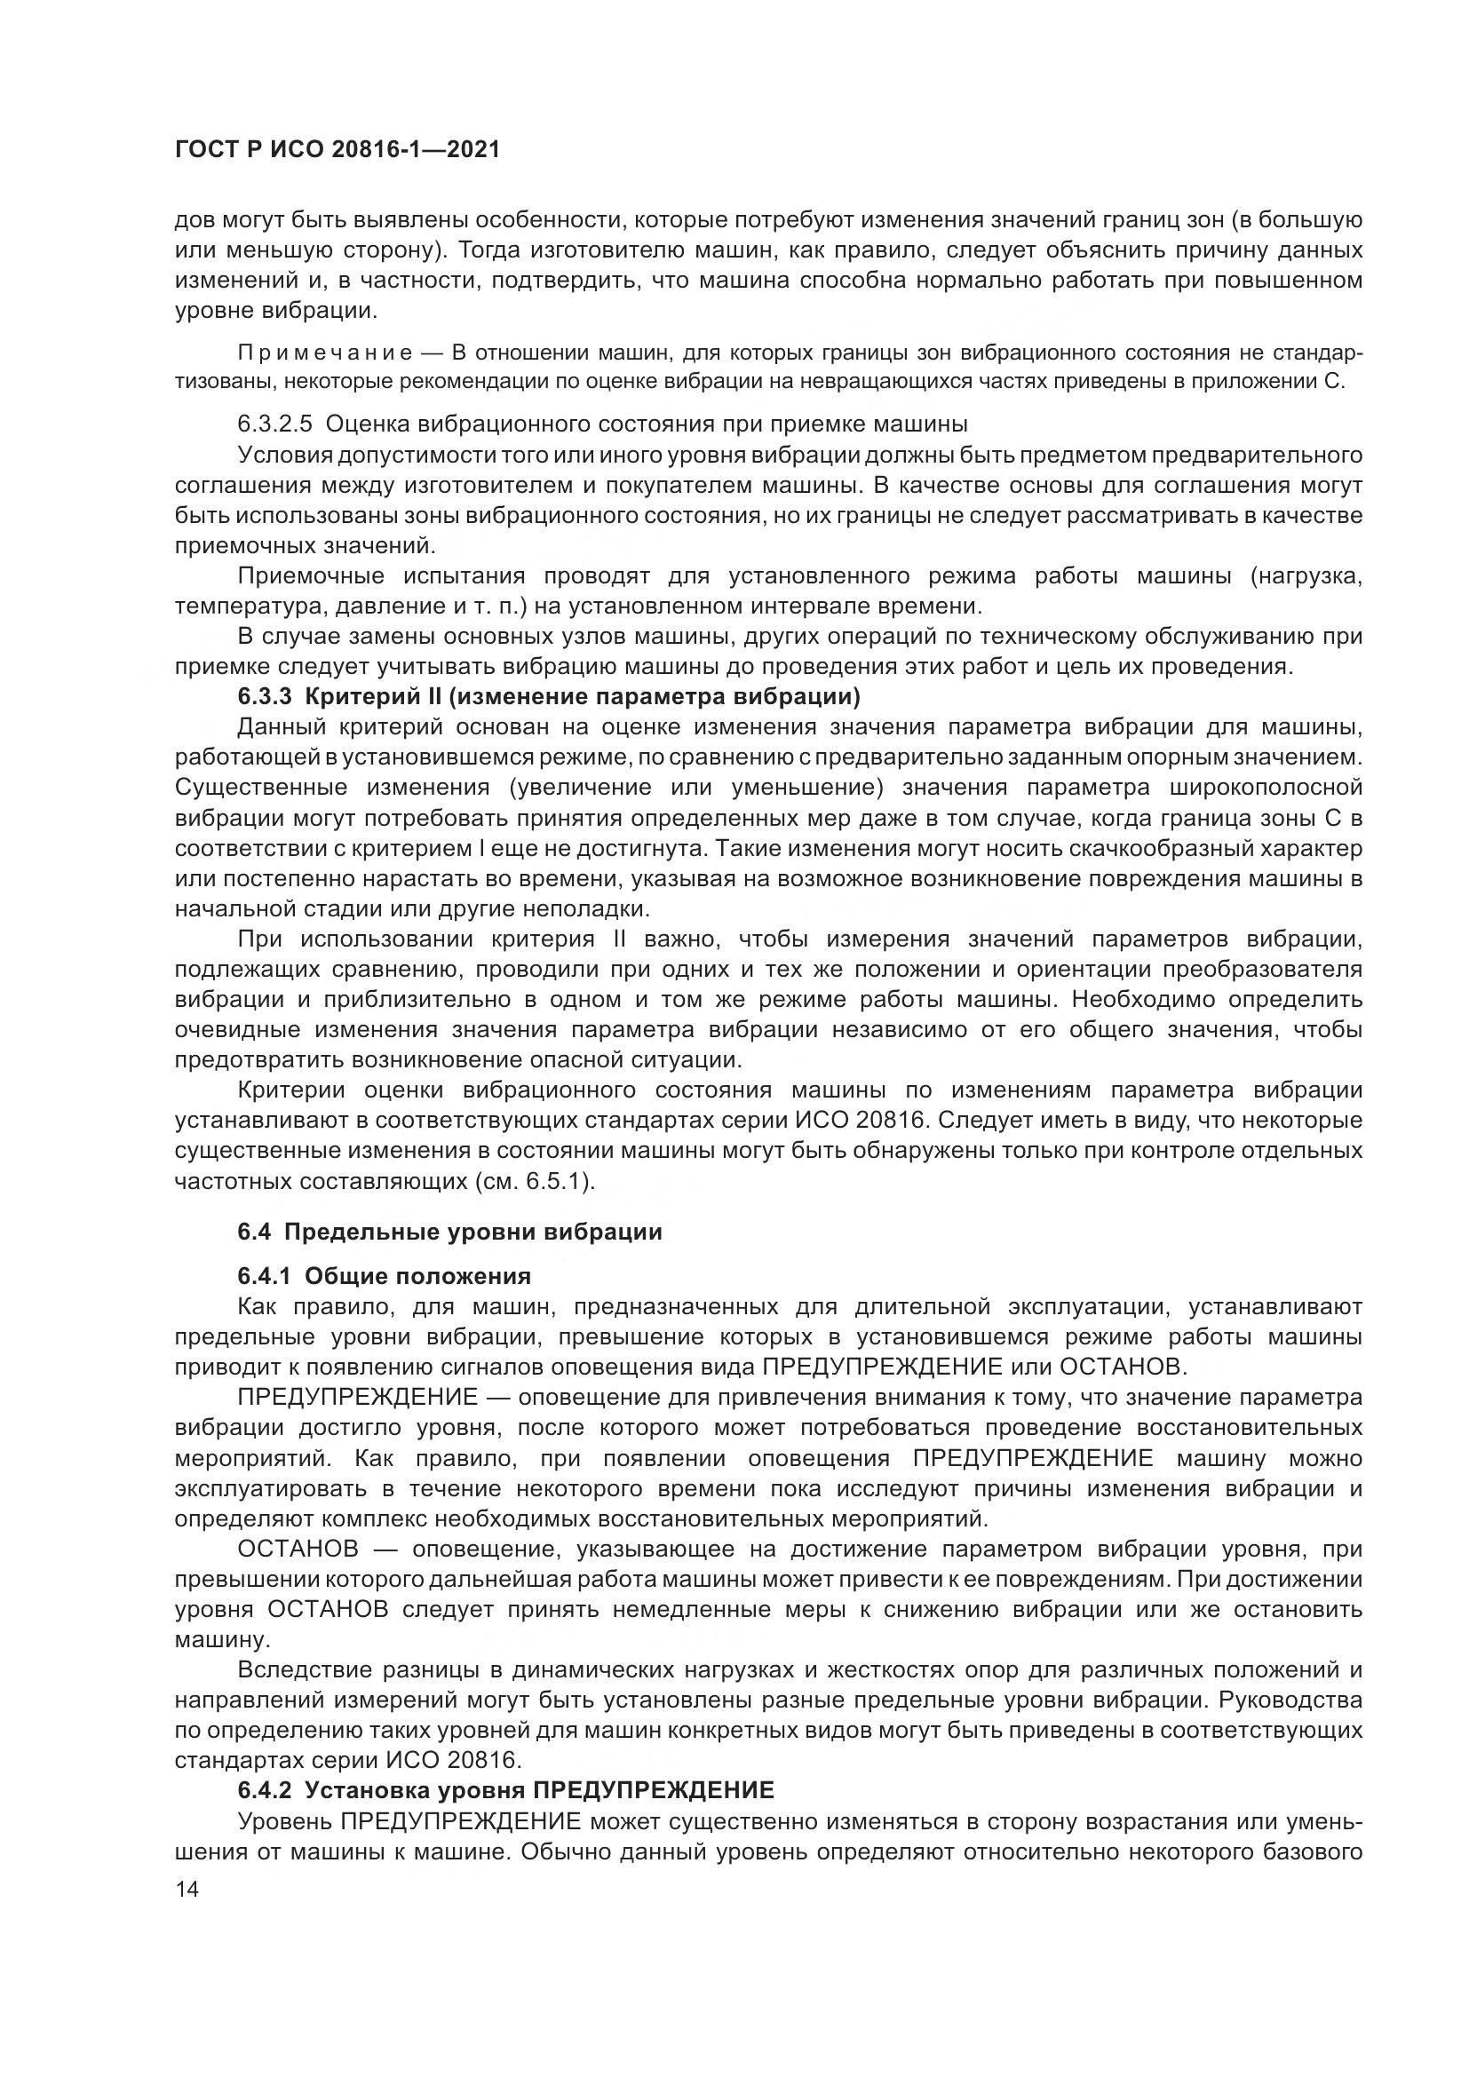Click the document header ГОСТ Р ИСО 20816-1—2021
337,150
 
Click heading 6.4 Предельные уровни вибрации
449,1233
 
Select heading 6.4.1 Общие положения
384,1276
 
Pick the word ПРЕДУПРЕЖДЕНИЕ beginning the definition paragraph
357,1397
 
